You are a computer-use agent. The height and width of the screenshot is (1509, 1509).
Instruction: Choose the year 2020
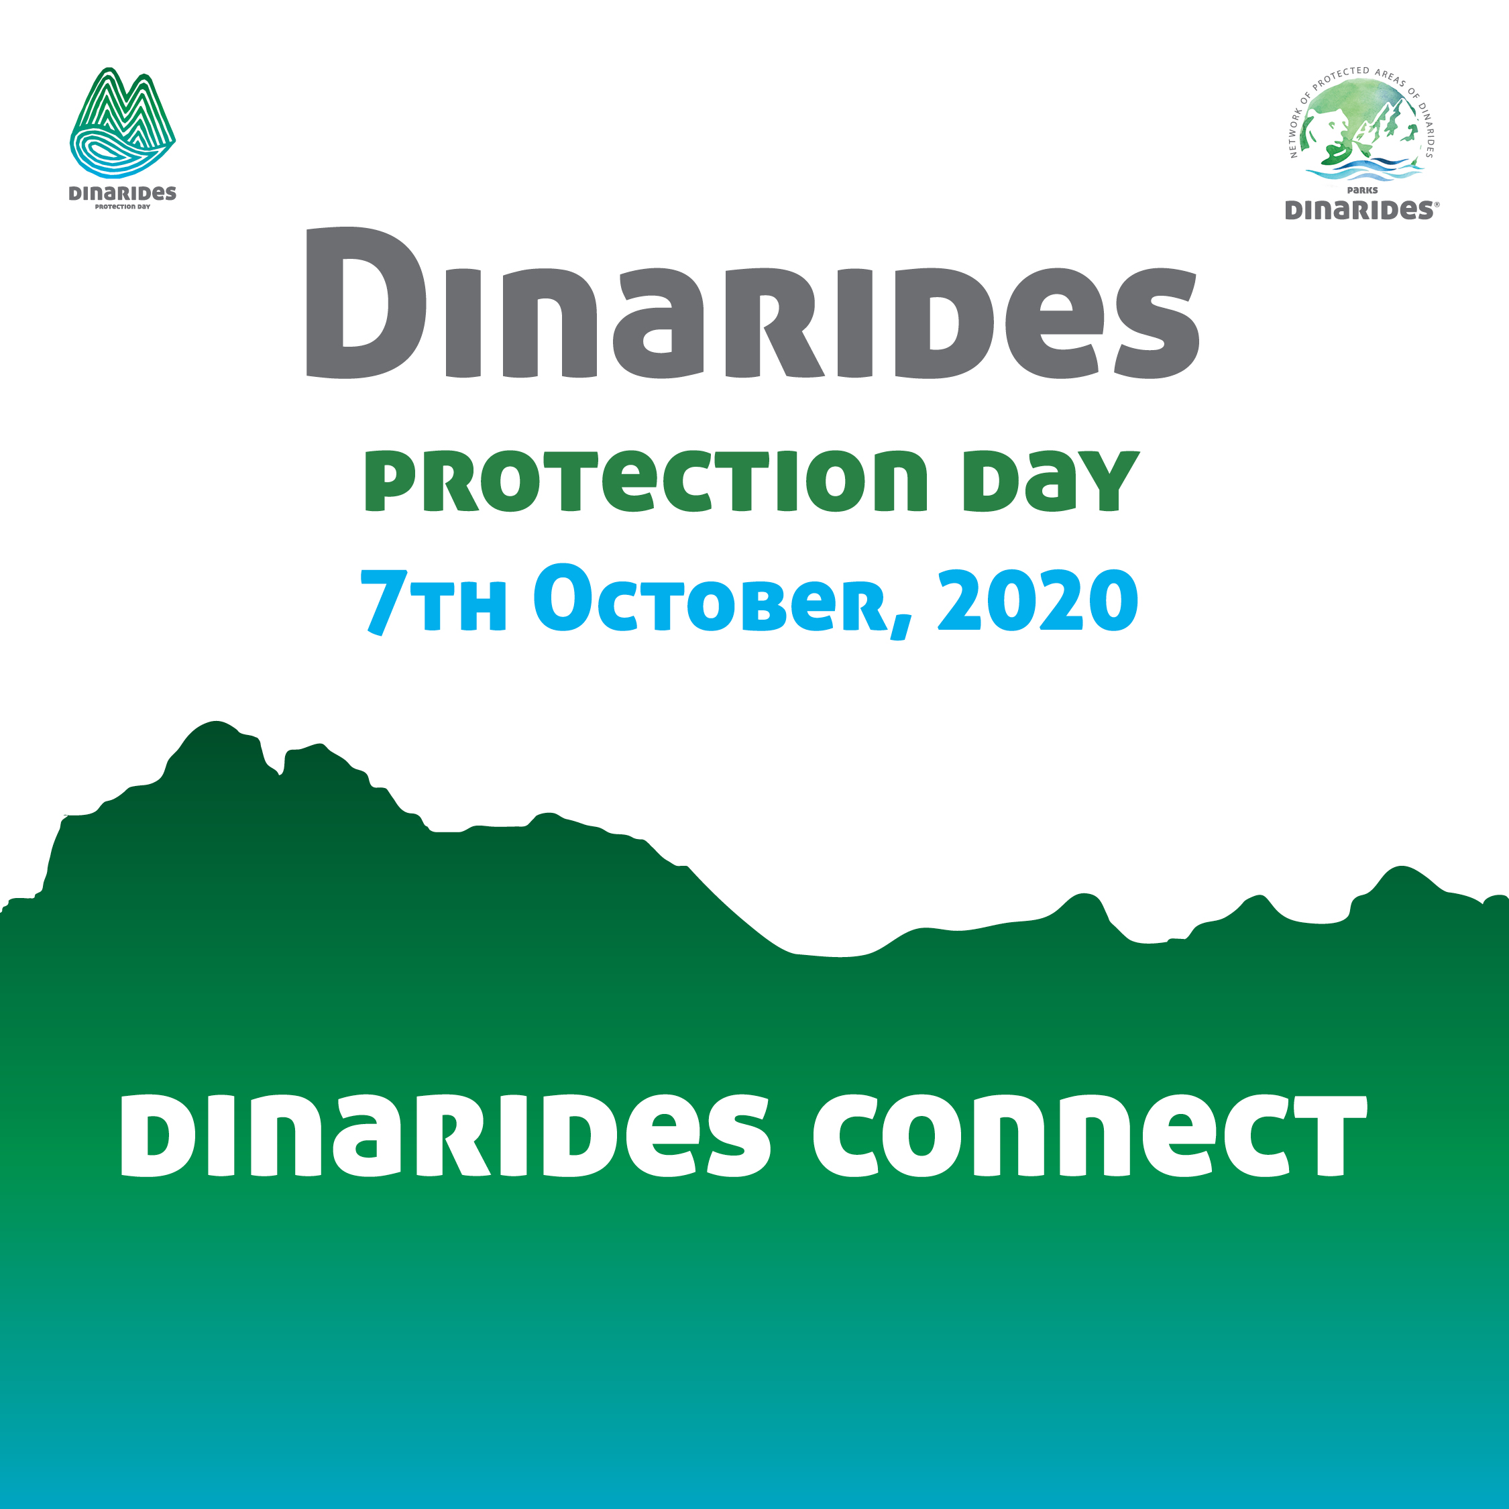point(1038,600)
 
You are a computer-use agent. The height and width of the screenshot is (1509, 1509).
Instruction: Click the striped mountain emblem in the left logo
point(123,123)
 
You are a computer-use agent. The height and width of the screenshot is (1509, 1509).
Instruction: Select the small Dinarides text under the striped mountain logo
point(123,193)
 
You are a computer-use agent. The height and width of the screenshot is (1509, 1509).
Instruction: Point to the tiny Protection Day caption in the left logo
point(123,207)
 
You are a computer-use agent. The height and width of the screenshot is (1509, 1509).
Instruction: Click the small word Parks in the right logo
point(1362,190)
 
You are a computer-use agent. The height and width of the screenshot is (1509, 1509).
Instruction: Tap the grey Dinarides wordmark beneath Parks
point(1358,210)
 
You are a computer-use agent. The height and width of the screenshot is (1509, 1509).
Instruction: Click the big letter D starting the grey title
point(366,302)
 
